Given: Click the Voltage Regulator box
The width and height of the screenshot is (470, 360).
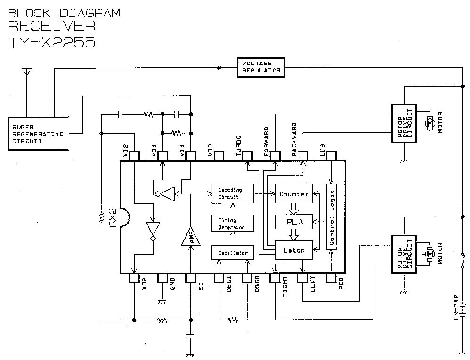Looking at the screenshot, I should tap(261, 68).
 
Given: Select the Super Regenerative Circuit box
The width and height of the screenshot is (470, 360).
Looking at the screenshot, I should tap(37, 134).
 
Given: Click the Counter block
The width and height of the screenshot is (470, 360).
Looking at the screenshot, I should tap(294, 194).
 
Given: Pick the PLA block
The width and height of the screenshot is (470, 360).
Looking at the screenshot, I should tap(294, 222).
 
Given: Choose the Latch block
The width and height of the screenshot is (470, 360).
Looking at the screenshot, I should tap(294, 250).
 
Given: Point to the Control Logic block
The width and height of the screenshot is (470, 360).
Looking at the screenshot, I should tap(332, 216).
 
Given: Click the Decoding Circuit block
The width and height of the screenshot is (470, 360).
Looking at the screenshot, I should tap(232, 193).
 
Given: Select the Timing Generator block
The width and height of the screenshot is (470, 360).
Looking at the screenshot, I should tap(232, 224).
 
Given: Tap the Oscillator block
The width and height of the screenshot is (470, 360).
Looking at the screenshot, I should tap(233, 253).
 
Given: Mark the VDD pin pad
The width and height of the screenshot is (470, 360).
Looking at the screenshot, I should tap(219, 155).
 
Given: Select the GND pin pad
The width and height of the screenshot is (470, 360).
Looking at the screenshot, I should tap(162, 278).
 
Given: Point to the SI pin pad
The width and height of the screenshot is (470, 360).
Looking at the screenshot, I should tap(190, 278).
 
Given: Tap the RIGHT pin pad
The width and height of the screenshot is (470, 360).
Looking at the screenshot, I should tap(275, 278).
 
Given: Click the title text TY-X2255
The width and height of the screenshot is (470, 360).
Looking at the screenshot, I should tap(52, 42).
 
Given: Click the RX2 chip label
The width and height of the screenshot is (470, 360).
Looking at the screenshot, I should tap(113, 218).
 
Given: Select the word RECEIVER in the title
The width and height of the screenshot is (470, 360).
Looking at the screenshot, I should tap(52, 25).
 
